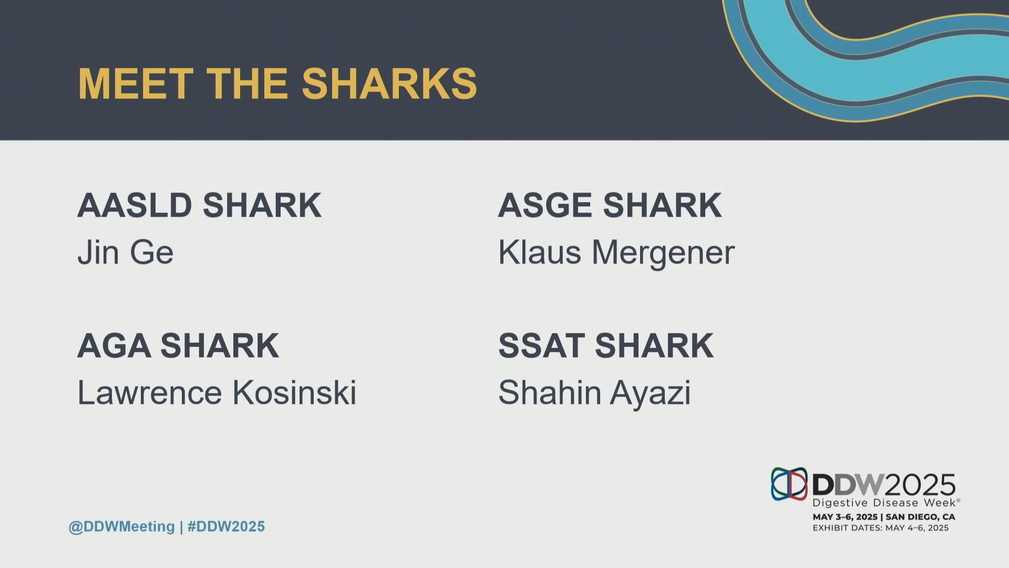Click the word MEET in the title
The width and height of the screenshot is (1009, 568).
tap(136, 84)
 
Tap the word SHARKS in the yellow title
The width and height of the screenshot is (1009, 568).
tap(389, 84)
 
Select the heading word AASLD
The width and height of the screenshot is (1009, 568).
tap(135, 205)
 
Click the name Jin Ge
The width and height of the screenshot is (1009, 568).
tap(125, 252)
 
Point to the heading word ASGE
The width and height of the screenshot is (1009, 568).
tap(545, 205)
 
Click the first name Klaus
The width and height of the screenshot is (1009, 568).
tap(540, 252)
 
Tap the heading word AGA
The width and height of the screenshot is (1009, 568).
tap(114, 346)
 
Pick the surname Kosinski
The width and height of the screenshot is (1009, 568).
tap(294, 393)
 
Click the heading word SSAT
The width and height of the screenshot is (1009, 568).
tap(541, 346)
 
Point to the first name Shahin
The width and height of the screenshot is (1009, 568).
tap(550, 393)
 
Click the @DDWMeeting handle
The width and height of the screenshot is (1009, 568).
tap(121, 527)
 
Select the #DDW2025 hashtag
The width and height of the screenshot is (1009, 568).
tap(226, 526)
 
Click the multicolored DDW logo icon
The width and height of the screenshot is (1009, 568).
tap(789, 484)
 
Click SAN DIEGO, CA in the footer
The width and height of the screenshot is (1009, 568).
tap(920, 517)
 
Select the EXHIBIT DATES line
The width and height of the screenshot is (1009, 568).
tap(881, 528)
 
